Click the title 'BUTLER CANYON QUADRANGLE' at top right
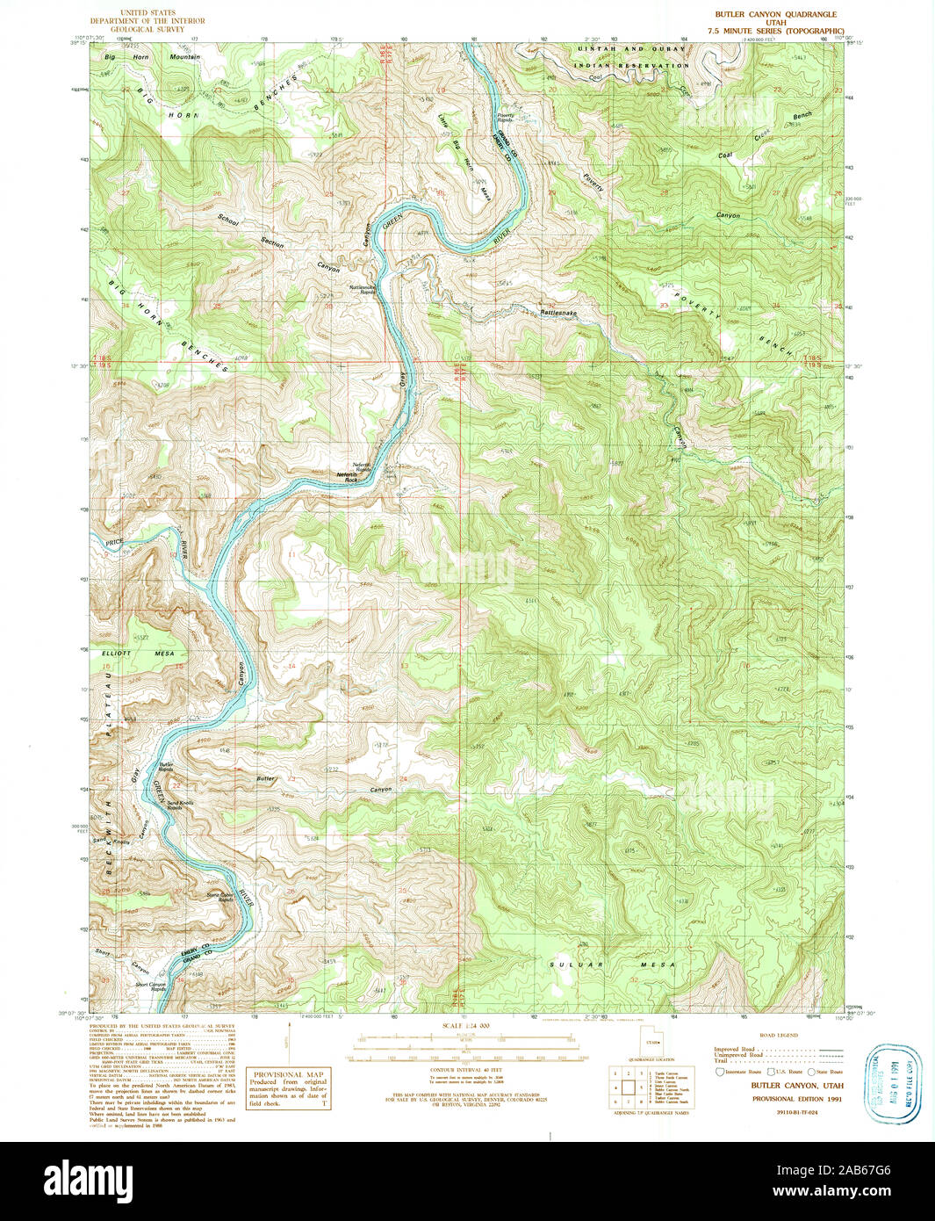click(763, 14)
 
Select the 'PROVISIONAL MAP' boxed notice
click(289, 1088)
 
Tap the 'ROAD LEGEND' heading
click(778, 1035)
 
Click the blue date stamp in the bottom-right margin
click(892, 1083)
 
